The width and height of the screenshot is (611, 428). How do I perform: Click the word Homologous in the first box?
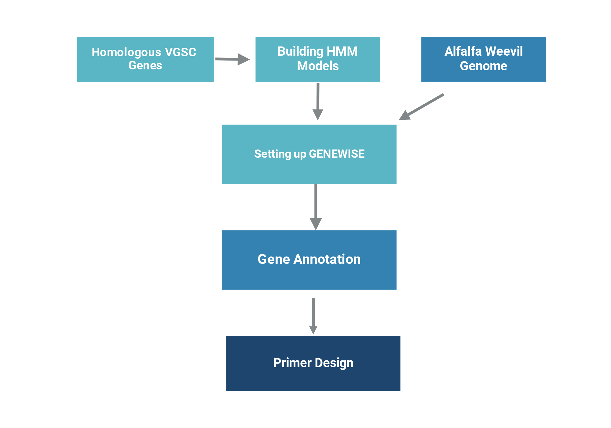pyautogui.click(x=126, y=53)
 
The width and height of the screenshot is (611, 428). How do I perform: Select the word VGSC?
pyautogui.click(x=181, y=52)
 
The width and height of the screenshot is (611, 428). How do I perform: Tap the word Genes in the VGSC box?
pyautogui.click(x=145, y=65)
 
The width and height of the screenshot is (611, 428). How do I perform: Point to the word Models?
pyautogui.click(x=318, y=66)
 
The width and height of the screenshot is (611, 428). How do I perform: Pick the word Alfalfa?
pyautogui.click(x=463, y=51)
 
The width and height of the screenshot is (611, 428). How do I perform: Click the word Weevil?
pyautogui.click(x=504, y=51)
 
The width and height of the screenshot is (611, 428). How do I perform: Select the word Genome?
pyautogui.click(x=484, y=66)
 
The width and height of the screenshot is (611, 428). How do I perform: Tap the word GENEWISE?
pyautogui.click(x=337, y=154)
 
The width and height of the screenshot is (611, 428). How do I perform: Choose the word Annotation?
pyautogui.click(x=327, y=259)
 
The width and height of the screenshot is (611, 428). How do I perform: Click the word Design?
pyautogui.click(x=334, y=363)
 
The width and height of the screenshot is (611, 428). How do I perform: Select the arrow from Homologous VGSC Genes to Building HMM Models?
pyautogui.click(x=232, y=59)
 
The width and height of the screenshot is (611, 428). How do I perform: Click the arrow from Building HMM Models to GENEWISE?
pyautogui.click(x=318, y=101)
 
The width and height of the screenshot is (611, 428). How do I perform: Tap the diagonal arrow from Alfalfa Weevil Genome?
pyautogui.click(x=421, y=107)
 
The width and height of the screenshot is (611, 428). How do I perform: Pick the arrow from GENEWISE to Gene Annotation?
pyautogui.click(x=316, y=207)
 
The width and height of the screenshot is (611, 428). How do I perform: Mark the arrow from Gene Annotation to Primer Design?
pyautogui.click(x=313, y=316)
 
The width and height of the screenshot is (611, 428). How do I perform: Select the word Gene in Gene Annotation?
pyautogui.click(x=274, y=259)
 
